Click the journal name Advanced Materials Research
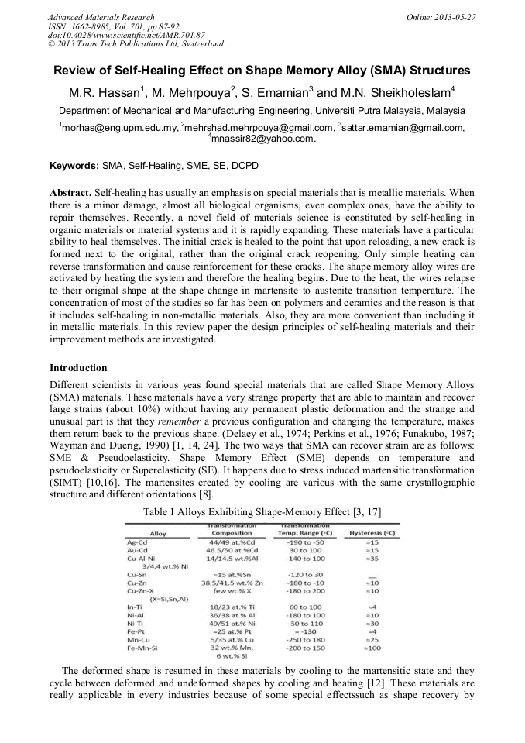coord(101,17)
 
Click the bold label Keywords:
coord(74,166)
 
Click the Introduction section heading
coord(78,367)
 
